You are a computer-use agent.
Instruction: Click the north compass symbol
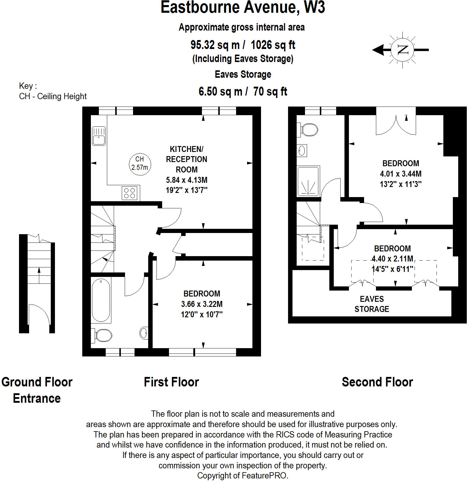(402, 50)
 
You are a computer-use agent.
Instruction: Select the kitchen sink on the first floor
(99, 136)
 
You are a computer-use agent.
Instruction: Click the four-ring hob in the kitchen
(129, 193)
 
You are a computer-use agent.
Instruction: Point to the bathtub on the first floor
(101, 300)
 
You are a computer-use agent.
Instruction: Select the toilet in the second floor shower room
(309, 130)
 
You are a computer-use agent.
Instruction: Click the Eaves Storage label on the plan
(371, 304)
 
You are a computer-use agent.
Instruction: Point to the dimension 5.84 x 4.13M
(186, 180)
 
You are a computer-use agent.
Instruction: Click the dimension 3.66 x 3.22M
(202, 304)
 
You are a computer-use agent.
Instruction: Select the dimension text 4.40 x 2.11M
(392, 259)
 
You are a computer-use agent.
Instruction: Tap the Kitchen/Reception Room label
(186, 159)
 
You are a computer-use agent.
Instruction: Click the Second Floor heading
(377, 382)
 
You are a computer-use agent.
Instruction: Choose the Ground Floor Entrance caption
(37, 390)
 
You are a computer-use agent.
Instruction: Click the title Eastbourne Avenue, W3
(243, 7)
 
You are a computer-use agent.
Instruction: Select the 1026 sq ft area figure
(273, 45)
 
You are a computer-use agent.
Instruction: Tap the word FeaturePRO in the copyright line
(264, 475)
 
